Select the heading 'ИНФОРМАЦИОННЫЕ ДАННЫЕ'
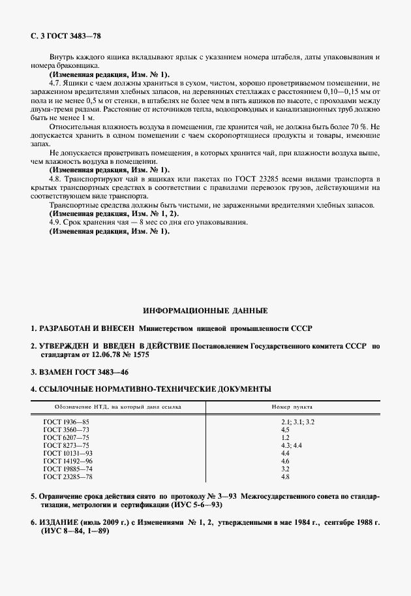205,311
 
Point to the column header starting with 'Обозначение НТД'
112,406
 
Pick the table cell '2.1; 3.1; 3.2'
297,422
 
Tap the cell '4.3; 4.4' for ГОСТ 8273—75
291,446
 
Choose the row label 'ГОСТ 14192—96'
68,462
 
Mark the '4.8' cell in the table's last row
285,477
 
